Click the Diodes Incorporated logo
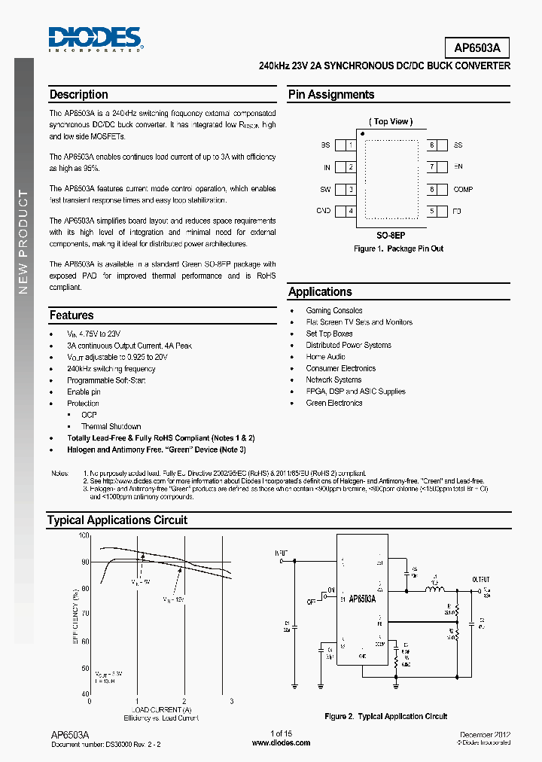coord(95,38)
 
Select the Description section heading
coord(78,95)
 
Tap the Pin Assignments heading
coord(331,95)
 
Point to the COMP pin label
coord(463,190)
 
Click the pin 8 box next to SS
coord(432,145)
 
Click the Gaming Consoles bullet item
coord(333,310)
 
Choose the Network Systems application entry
coord(333,379)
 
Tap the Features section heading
coord(72,315)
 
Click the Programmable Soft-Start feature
coord(106,380)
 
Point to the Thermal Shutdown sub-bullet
coord(111,426)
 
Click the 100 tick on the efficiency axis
coord(84,535)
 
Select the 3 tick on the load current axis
coord(231,700)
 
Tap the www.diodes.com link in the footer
coord(281,742)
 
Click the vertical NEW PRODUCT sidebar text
coord(23,242)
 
